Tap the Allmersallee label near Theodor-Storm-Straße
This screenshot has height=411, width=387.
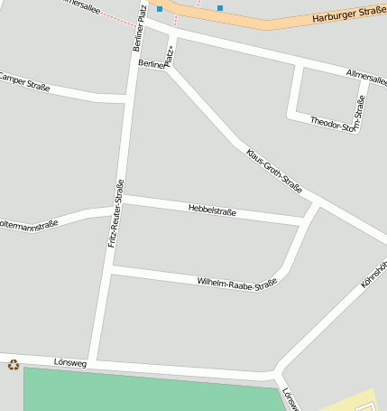pyautogui.click(x=366, y=77)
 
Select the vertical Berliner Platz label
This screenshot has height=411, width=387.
pyautogui.click(x=139, y=26)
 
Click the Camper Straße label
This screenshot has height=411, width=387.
pyautogui.click(x=23, y=82)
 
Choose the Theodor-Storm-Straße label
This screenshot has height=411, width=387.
pyautogui.click(x=337, y=120)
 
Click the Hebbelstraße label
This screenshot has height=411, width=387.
pyautogui.click(x=212, y=210)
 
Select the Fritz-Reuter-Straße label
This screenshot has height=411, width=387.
pyautogui.click(x=115, y=213)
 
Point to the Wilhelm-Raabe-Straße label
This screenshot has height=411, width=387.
pyautogui.click(x=236, y=283)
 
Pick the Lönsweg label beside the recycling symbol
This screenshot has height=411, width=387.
pyautogui.click(x=69, y=360)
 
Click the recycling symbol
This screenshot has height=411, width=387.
pyautogui.click(x=14, y=365)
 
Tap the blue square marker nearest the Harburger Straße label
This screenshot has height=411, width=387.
pyautogui.click(x=220, y=8)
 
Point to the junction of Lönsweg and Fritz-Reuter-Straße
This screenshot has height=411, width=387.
pyautogui.click(x=94, y=362)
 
